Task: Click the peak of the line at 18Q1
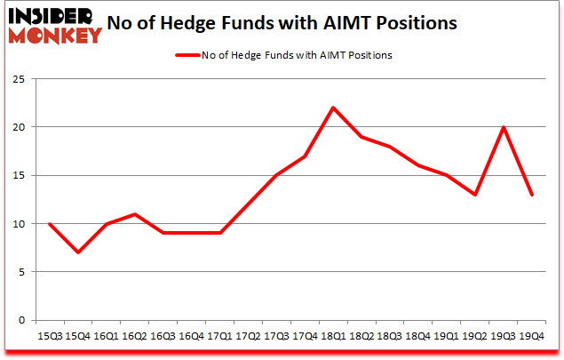click(332, 108)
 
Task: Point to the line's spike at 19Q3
click(504, 127)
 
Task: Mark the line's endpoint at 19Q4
click(533, 195)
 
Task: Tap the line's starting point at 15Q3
click(48, 223)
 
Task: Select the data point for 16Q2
click(133, 213)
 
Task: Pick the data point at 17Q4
click(304, 156)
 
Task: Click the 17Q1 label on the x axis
click(218, 338)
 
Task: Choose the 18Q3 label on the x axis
click(389, 338)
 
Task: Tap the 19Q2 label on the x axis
click(475, 338)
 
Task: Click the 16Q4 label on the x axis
click(190, 338)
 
